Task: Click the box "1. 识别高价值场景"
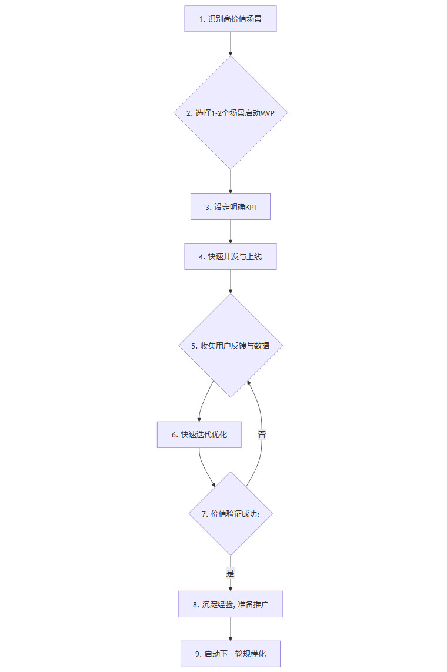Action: [x=230, y=19]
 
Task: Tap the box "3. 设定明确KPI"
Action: [x=230, y=207]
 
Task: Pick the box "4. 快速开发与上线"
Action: [x=230, y=256]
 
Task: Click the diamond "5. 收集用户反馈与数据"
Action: [x=230, y=346]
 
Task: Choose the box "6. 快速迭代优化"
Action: [x=199, y=434]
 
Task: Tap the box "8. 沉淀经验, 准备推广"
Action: [x=230, y=604]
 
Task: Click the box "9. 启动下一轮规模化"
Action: [x=230, y=653]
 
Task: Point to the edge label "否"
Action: [x=262, y=435]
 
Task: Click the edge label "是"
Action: [x=230, y=572]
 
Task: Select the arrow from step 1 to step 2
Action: [x=230, y=44]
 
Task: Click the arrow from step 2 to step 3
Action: [x=230, y=181]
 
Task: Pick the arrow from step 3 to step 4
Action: [x=230, y=232]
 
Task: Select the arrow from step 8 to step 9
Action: [x=230, y=628]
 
